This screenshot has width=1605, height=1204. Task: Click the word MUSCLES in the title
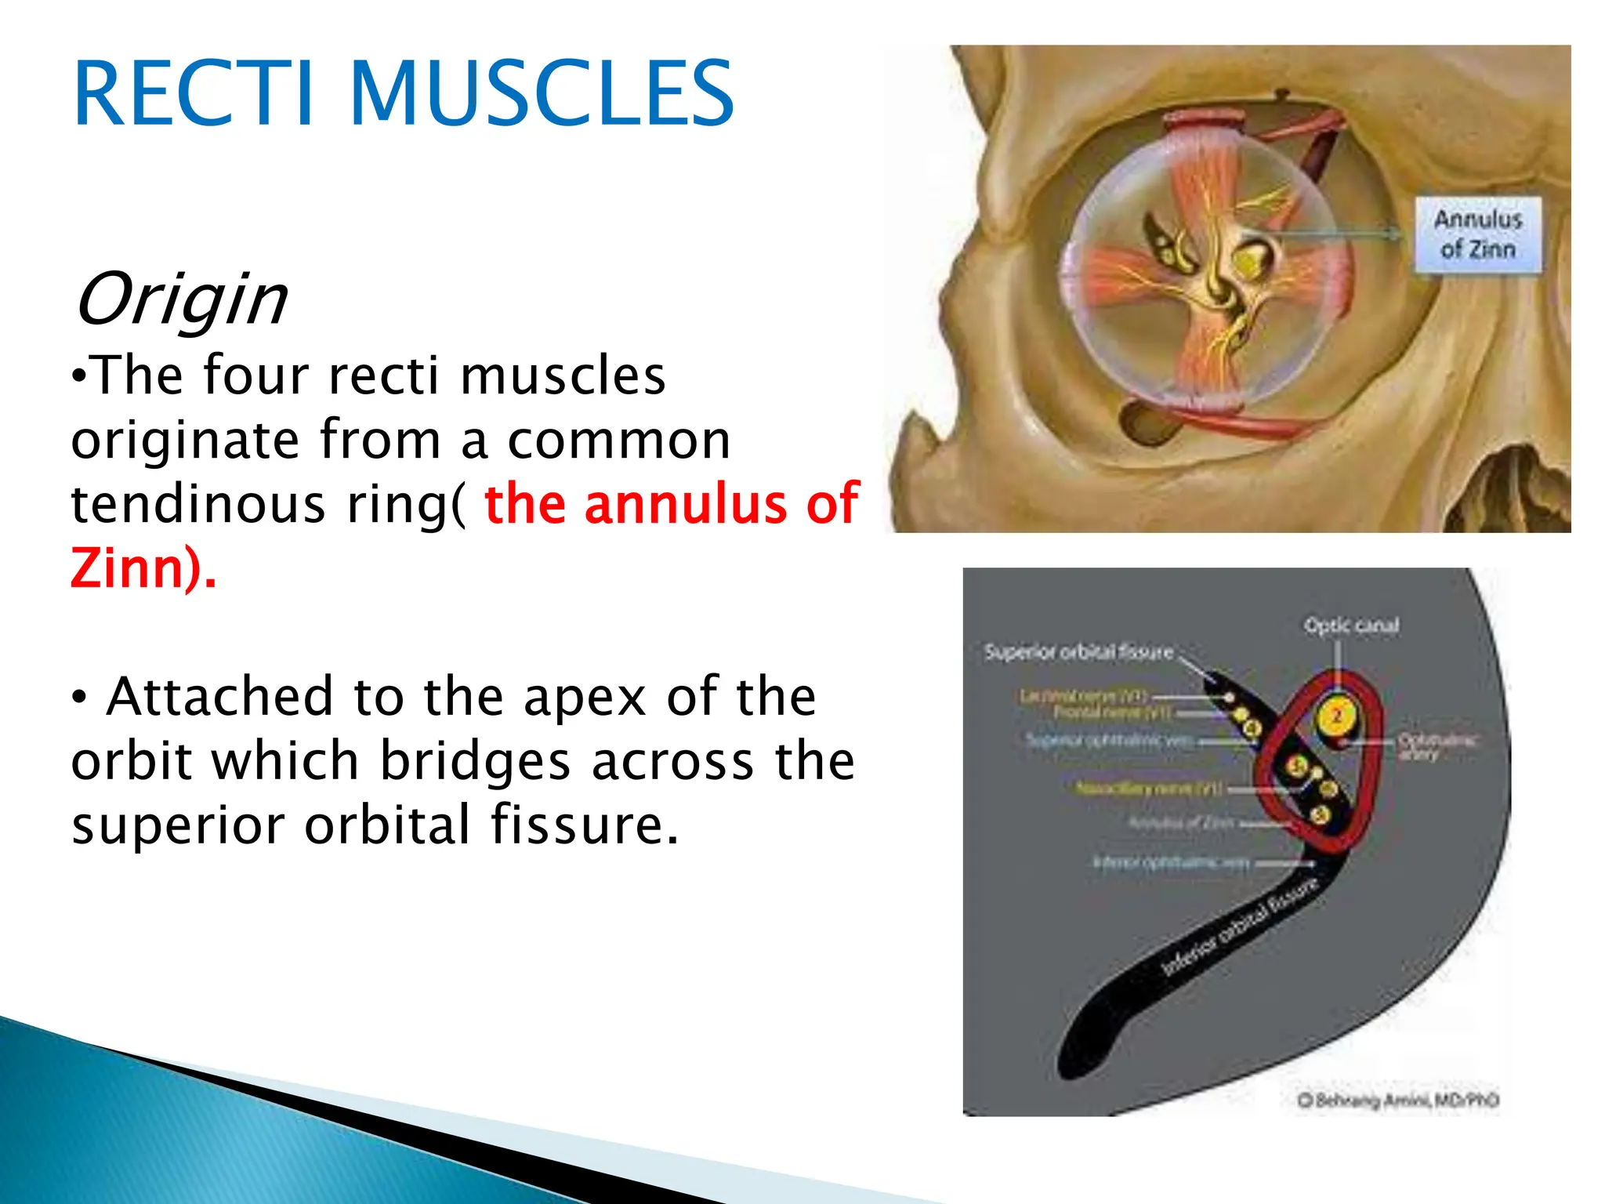point(541,94)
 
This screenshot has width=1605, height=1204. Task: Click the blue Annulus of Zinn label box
point(1477,234)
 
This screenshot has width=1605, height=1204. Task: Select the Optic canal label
point(1351,626)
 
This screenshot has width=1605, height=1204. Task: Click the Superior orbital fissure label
point(1078,652)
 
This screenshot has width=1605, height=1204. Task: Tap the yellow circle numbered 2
point(1337,716)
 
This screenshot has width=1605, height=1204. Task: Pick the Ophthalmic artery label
point(1438,746)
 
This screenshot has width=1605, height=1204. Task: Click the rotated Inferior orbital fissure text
point(1238,927)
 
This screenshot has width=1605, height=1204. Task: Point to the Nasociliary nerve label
point(1148,789)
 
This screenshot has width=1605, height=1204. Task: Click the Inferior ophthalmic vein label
point(1171,862)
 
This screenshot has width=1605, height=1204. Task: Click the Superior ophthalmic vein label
point(1110,740)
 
